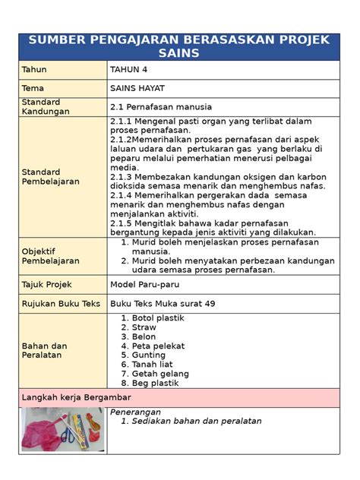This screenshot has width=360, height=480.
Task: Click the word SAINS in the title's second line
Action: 179,52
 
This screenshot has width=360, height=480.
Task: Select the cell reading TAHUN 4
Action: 129,70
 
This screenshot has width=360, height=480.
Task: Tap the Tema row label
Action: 34,88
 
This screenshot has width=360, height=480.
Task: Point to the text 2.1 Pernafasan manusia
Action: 161,106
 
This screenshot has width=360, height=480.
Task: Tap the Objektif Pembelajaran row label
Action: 51,256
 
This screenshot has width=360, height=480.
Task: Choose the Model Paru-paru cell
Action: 144,284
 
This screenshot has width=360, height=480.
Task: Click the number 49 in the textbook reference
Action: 209,303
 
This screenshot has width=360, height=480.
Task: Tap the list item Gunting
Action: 149,355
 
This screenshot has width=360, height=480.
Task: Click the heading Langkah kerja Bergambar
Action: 77,397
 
